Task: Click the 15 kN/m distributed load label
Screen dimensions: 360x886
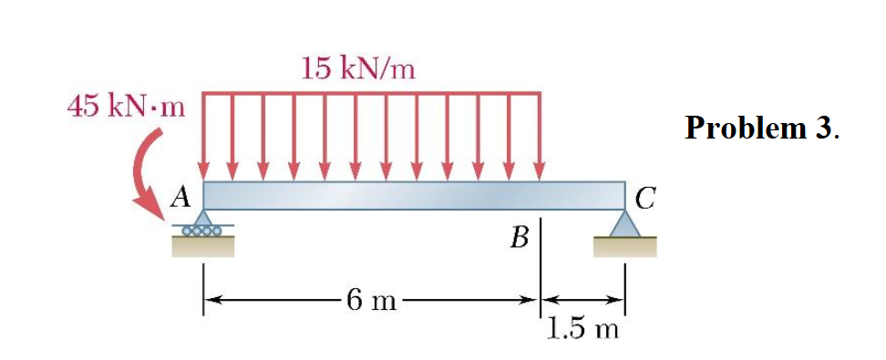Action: coord(358,67)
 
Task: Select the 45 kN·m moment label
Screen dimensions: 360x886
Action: coord(127,108)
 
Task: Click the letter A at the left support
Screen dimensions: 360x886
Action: coord(181,194)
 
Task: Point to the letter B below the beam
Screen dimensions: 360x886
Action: coord(520,240)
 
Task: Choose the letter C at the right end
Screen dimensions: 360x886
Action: coord(644,196)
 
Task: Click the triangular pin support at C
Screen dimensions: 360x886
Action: coord(625,223)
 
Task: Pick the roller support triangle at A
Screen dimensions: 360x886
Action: coord(202,219)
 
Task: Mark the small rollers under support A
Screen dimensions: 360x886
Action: coord(201,232)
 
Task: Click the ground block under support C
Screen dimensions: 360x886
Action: coord(625,246)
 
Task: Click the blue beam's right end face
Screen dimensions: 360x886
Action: coord(623,195)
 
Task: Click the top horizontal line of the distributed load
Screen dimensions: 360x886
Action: coord(372,92)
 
